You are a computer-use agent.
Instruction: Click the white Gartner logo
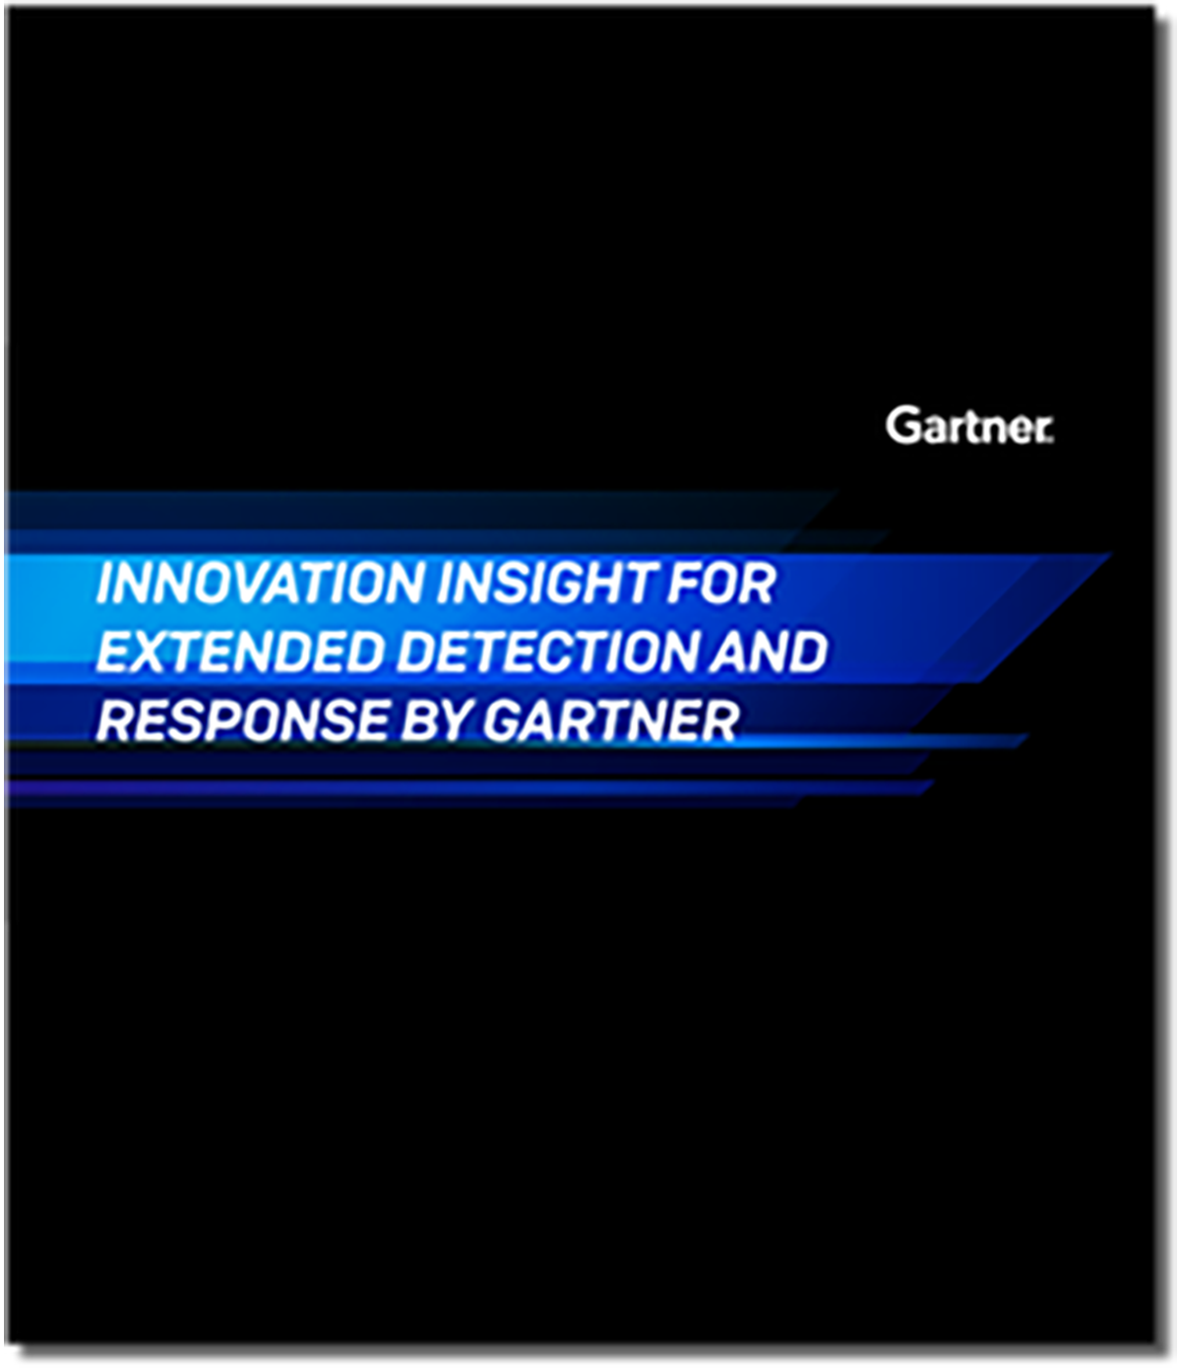[x=969, y=427]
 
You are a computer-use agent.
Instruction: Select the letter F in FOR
[x=682, y=584]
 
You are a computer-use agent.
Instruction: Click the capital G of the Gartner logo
[x=901, y=426]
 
